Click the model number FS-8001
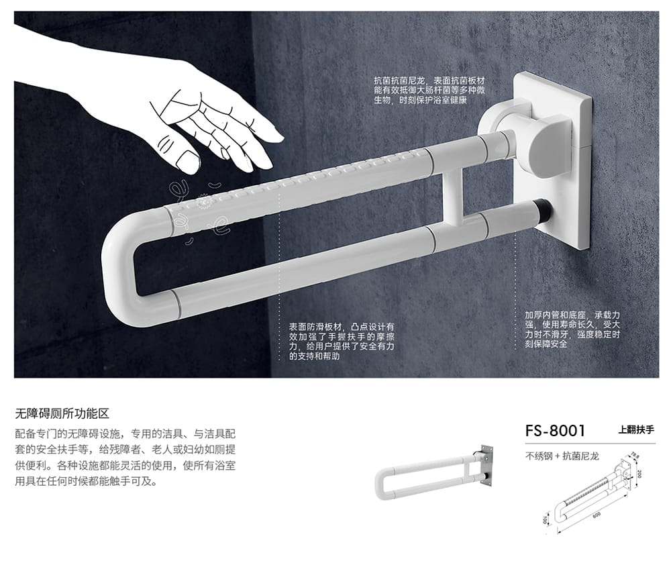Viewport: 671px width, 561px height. [x=555, y=431]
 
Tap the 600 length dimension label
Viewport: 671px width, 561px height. [x=596, y=515]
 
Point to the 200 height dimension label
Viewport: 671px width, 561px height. [x=639, y=474]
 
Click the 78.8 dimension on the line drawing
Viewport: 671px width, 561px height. [x=634, y=456]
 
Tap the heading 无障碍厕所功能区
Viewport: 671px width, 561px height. [x=62, y=413]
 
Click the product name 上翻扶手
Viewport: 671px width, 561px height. [x=636, y=429]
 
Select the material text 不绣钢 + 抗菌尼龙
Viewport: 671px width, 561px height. [x=562, y=456]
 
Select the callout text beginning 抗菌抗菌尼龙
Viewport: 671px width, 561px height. [x=429, y=91]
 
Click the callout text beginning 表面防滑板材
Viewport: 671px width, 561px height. [x=342, y=342]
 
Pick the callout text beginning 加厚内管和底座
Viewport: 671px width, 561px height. [x=572, y=329]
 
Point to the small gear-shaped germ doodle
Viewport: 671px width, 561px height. [x=203, y=200]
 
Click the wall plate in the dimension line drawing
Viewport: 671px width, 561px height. [x=625, y=473]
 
